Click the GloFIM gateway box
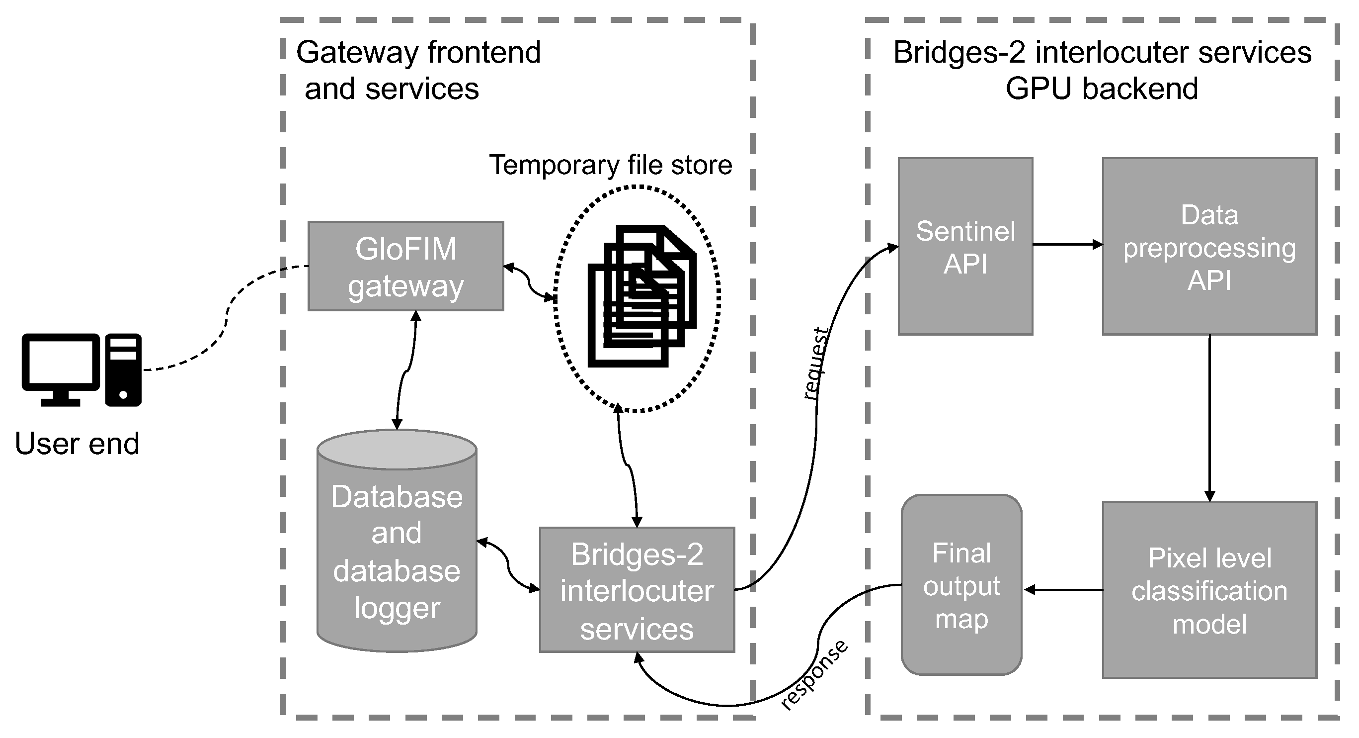(405, 266)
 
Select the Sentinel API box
(965, 247)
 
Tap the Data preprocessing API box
(1209, 247)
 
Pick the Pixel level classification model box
(1209, 590)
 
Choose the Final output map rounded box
(961, 585)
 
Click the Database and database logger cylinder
(397, 549)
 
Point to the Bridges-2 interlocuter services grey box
(637, 590)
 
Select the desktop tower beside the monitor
(123, 369)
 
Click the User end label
(77, 444)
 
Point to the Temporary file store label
(610, 165)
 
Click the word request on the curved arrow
(815, 363)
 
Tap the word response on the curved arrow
(813, 675)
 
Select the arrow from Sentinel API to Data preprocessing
(1067, 244)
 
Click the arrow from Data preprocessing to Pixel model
(1209, 417)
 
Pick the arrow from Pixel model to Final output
(1062, 590)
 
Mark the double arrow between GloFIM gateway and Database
(406, 369)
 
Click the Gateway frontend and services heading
(418, 70)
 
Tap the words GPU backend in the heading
(1102, 88)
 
